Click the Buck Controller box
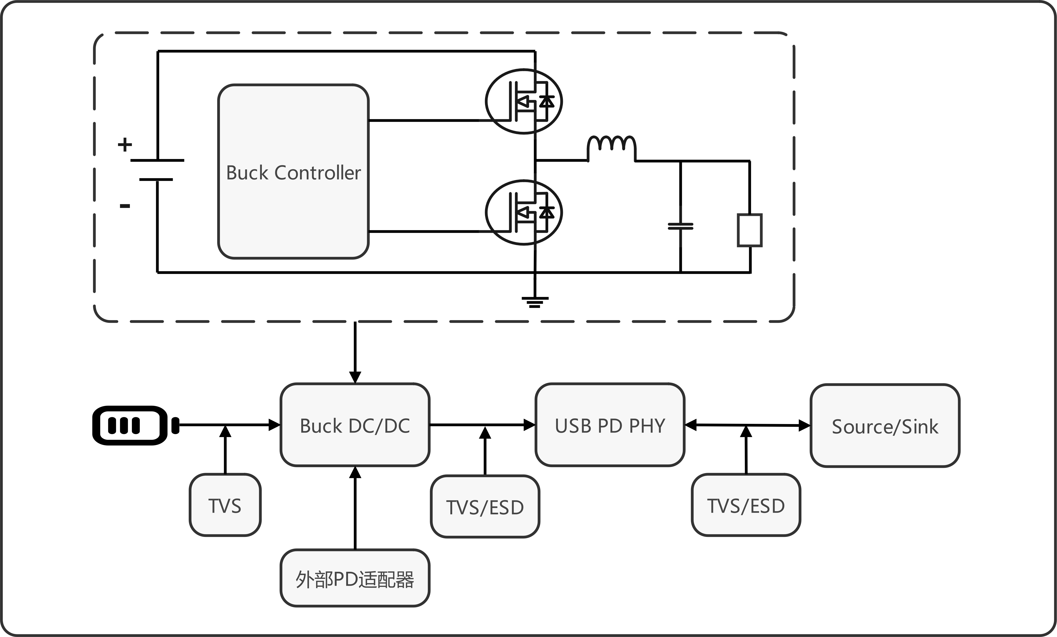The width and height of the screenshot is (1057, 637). (x=293, y=172)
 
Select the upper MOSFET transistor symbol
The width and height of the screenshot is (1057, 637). (x=524, y=101)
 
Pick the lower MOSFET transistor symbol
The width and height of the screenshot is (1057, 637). (x=524, y=212)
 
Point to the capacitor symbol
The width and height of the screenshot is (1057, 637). (x=680, y=226)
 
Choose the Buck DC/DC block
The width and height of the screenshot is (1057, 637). (x=355, y=425)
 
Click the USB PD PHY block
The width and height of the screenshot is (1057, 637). (x=610, y=425)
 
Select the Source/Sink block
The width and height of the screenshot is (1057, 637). (x=884, y=426)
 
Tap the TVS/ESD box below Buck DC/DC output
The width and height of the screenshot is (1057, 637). (x=485, y=507)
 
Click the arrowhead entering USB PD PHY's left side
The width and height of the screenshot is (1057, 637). (x=530, y=425)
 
